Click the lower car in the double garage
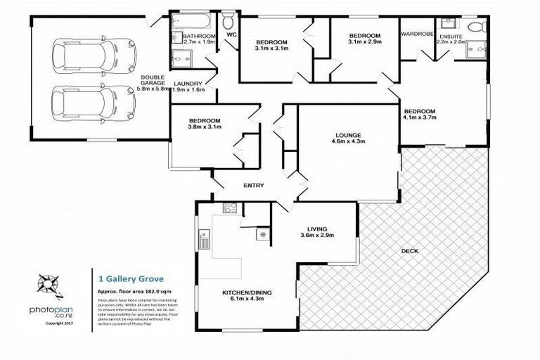(x=93, y=103)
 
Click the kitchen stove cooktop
(x=229, y=207)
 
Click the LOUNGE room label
(x=348, y=135)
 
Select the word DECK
(x=411, y=250)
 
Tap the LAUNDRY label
(x=188, y=83)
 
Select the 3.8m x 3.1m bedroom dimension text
(x=205, y=128)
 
